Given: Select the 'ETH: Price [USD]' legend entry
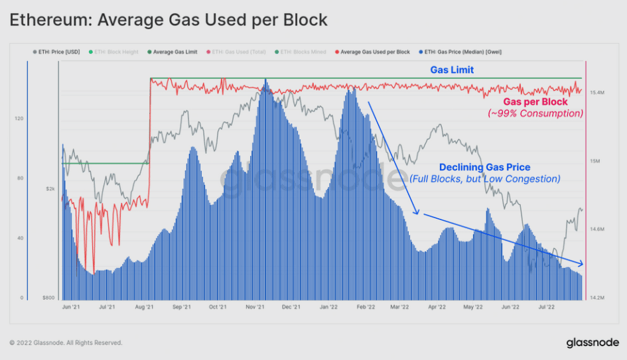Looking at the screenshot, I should (x=59, y=52).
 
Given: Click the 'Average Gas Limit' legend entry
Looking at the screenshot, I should (x=174, y=52).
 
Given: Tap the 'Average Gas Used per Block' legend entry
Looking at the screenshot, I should (x=375, y=52).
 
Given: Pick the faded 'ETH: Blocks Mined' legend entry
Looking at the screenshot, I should (x=302, y=52).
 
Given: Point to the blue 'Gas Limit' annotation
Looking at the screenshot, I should (x=452, y=70).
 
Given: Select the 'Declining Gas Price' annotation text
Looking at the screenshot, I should (x=485, y=168).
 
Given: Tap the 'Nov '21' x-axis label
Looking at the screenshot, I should (x=255, y=308).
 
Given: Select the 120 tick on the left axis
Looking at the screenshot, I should (x=19, y=119).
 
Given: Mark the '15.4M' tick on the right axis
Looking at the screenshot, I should (x=598, y=93).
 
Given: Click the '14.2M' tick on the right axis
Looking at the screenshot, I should (x=598, y=298).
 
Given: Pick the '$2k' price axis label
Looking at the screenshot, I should (x=50, y=189).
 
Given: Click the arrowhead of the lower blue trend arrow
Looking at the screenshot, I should (x=581, y=263).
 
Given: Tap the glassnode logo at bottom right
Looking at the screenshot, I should (x=592, y=343).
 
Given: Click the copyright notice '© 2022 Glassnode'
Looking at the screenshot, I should (x=66, y=343).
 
